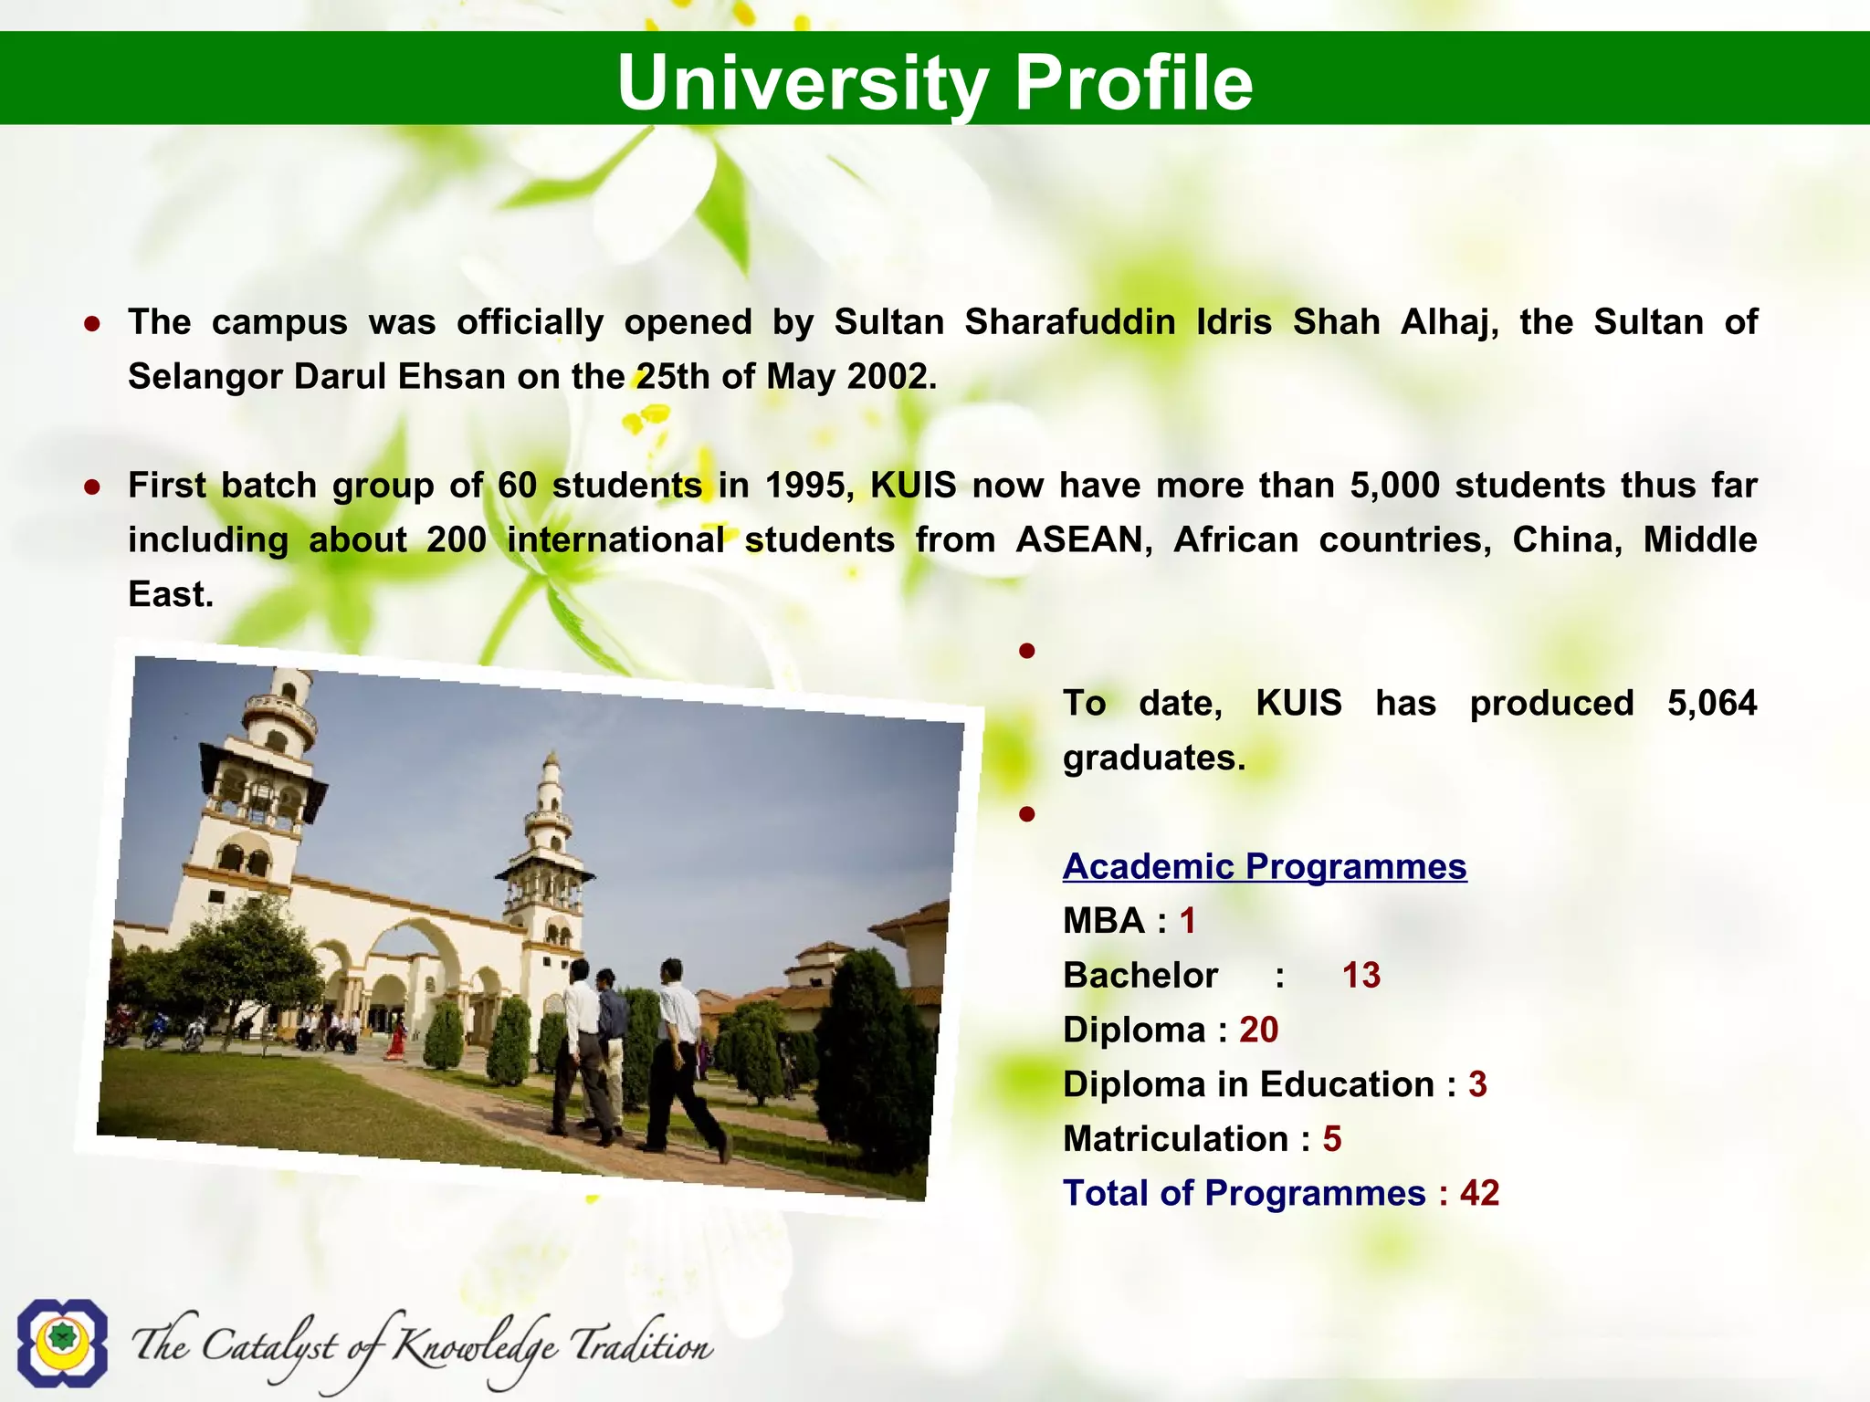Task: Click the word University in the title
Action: pos(803,82)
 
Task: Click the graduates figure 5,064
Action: pos(1711,703)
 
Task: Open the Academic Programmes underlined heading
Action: pos(1265,866)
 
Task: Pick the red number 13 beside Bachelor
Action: pos(1361,976)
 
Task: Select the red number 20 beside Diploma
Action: pos(1258,1030)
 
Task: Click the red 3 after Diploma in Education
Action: pos(1477,1084)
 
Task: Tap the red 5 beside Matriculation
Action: pos(1332,1139)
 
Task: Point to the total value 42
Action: pos(1479,1193)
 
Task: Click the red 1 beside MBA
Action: pos(1187,921)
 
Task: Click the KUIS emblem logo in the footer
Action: pos(62,1342)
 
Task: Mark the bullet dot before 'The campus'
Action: pos(91,323)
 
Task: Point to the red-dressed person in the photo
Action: pos(396,1041)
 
